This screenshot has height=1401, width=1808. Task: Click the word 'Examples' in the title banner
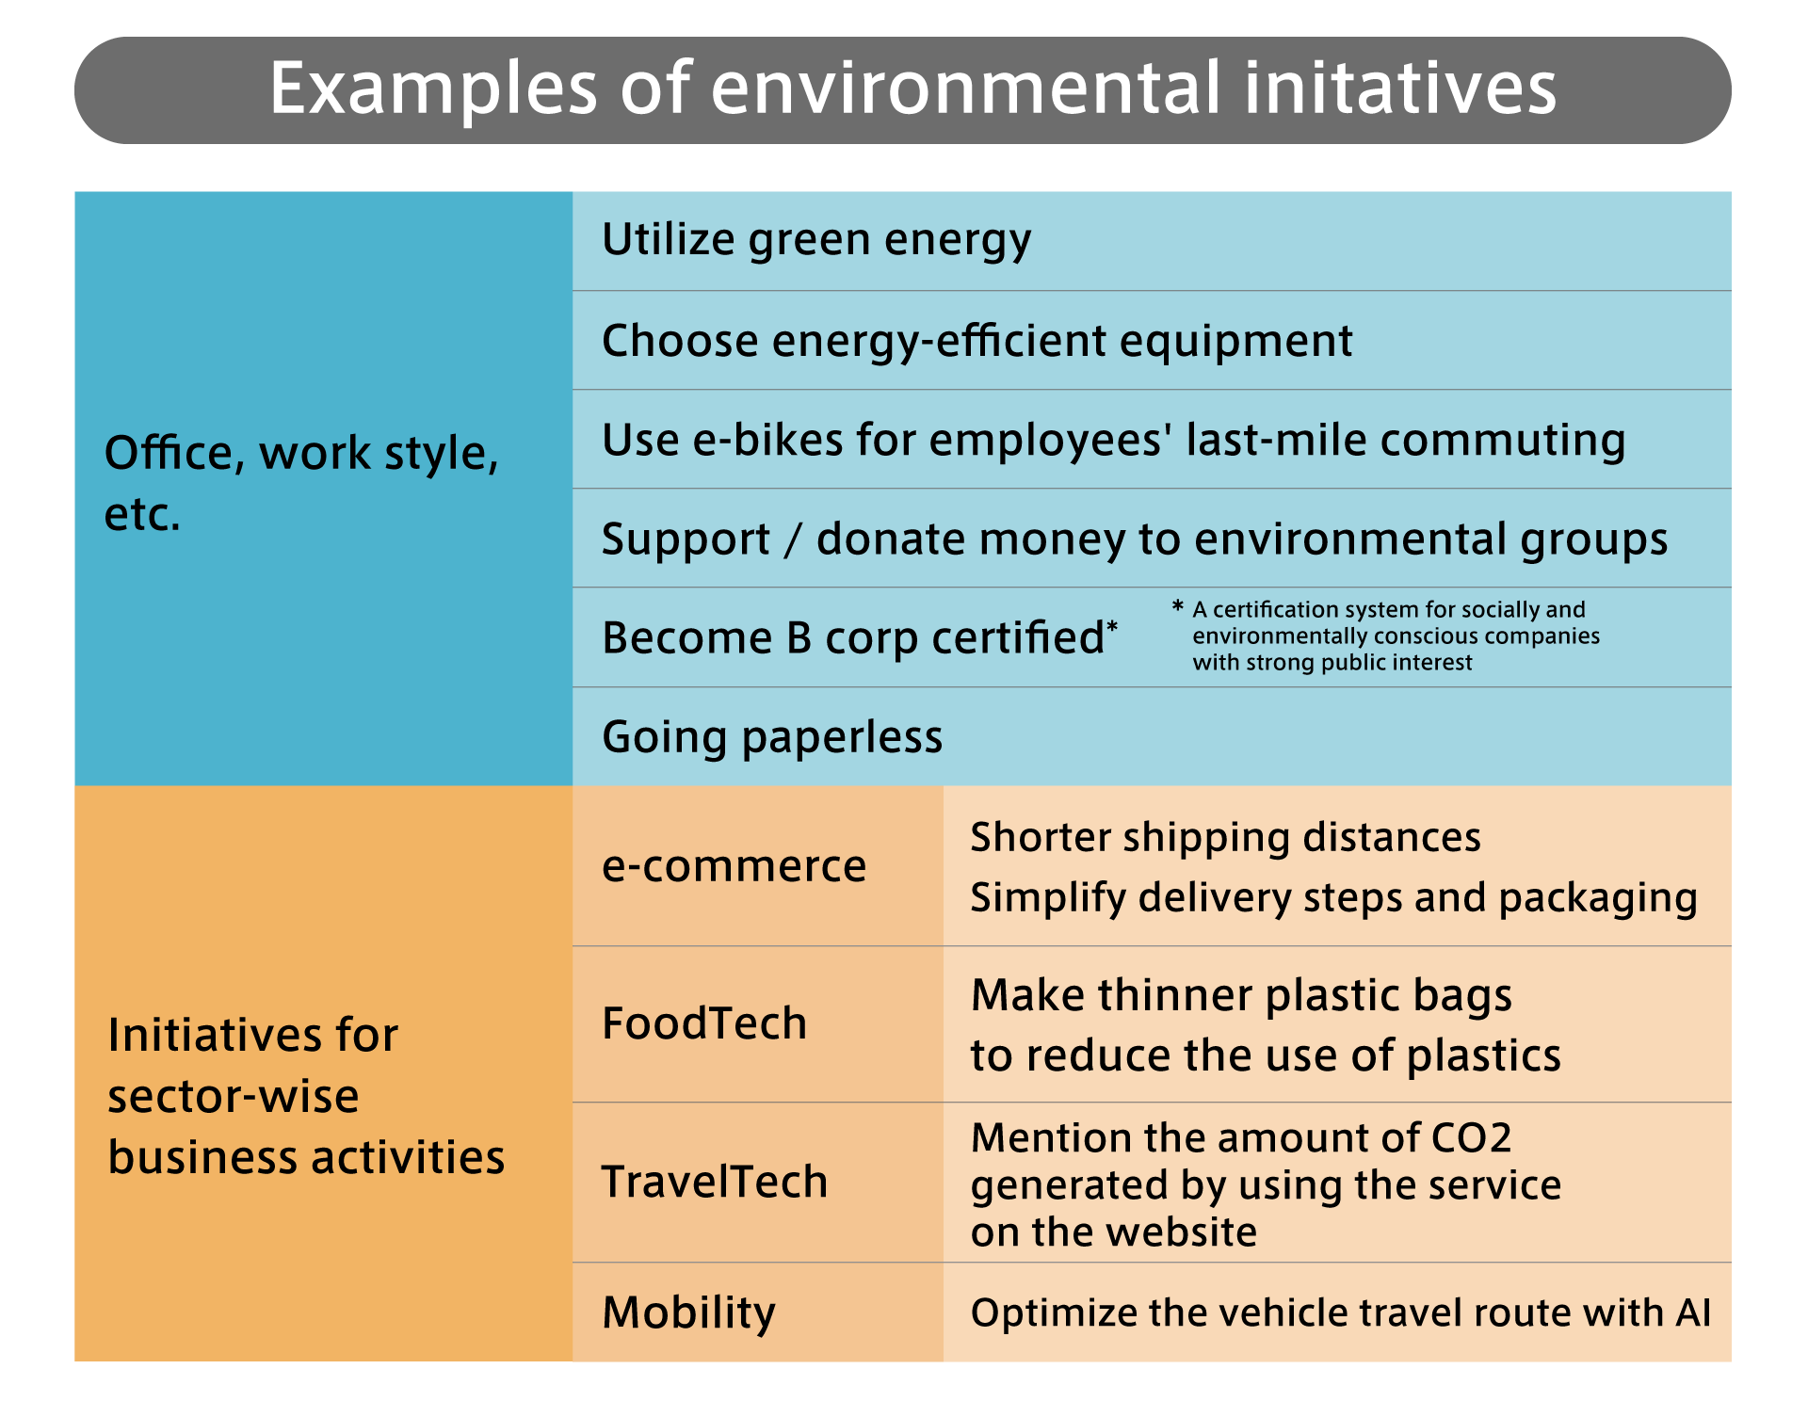(x=434, y=89)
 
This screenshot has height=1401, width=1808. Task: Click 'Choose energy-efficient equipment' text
(x=977, y=341)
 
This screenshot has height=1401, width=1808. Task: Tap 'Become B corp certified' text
(x=860, y=638)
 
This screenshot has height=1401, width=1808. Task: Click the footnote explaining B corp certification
(x=1386, y=636)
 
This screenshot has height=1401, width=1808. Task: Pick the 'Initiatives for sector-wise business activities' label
(x=306, y=1096)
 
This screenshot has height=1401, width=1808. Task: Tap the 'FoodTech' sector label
(x=704, y=1023)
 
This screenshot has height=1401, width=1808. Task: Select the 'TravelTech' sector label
(x=715, y=1182)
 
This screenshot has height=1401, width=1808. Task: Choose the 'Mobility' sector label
(x=689, y=1313)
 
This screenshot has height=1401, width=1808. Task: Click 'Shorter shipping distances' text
(x=1225, y=838)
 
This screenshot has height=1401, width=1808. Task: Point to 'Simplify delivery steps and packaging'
(x=1334, y=898)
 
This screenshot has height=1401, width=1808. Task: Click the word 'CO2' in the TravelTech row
(x=1471, y=1138)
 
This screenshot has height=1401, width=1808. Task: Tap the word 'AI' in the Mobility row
(x=1693, y=1312)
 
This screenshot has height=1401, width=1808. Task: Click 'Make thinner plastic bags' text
(x=1241, y=996)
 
